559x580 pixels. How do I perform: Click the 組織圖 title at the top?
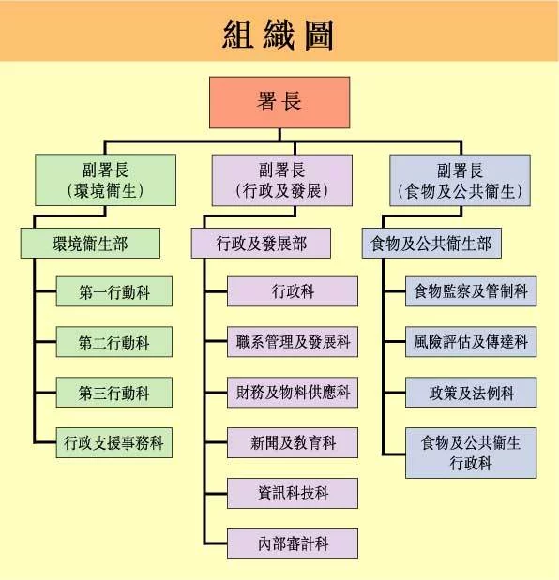pos(278,36)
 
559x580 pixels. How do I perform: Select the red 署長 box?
pos(279,102)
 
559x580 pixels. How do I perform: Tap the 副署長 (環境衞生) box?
pos(105,180)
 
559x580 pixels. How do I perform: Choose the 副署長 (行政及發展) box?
pos(282,180)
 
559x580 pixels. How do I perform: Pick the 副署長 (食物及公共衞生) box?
pos(461,181)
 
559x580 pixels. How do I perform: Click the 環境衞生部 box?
pos(90,243)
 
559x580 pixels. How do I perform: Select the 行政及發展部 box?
pos(261,243)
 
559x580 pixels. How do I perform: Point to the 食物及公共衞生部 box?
pos(431,243)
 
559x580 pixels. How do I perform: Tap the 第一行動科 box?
pos(114,291)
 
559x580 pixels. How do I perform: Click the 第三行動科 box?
pos(114,392)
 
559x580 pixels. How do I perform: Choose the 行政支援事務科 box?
pos(114,443)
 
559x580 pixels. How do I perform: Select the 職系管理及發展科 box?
pos(293,342)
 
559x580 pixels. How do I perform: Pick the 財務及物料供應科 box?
pos(293,392)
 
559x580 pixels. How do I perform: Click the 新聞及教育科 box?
pos(293,443)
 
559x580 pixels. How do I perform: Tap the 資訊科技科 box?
pos(293,493)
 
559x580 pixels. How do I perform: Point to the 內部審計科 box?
pos(293,543)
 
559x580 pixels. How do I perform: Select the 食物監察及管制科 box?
pos(471,291)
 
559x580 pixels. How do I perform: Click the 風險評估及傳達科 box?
pos(471,342)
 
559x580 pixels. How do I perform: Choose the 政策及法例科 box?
pos(471,392)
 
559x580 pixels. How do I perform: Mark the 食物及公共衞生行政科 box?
pos(471,454)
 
